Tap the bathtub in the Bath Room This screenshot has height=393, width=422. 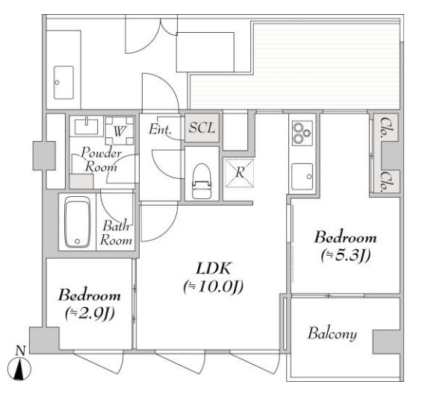(77, 221)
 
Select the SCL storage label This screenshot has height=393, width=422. (202, 128)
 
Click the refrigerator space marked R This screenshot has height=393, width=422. (240, 173)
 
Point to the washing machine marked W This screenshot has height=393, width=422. (120, 131)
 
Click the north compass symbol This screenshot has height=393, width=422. (19, 366)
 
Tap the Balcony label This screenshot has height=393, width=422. (332, 333)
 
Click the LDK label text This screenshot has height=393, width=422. (214, 268)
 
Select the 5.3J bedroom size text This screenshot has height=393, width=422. (346, 255)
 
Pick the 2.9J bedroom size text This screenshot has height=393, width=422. (90, 312)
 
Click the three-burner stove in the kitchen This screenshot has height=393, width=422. (302, 133)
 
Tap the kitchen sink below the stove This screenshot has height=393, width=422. (302, 176)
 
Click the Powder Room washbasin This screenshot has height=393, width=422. (86, 127)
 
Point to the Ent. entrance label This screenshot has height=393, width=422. (160, 129)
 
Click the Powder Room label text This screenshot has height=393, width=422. (101, 160)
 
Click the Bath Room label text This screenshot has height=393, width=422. (117, 233)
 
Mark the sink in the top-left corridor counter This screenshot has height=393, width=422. (63, 83)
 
